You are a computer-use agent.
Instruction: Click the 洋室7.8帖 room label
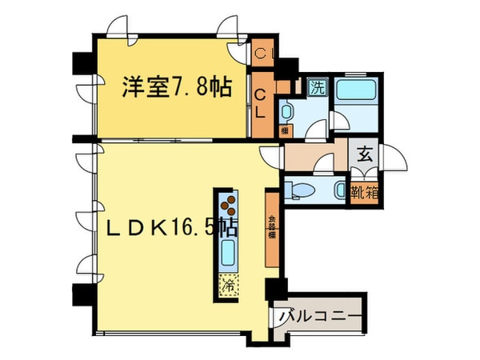point(176,86)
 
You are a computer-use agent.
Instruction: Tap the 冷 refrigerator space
point(227,282)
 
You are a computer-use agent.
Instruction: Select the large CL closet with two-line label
point(262,102)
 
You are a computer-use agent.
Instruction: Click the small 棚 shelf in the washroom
point(284,130)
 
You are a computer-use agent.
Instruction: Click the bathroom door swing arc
point(340,118)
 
